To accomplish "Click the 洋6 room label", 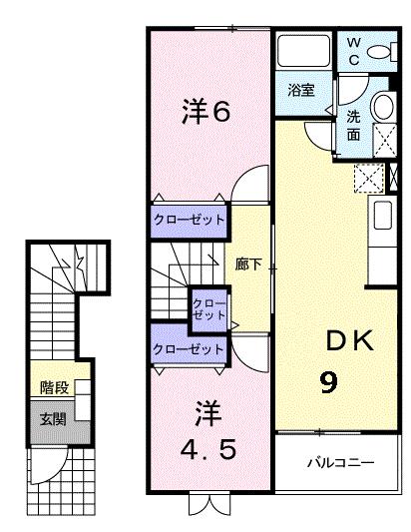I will [206, 112].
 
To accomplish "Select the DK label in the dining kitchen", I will [348, 341].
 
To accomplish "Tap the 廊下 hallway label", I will [248, 265].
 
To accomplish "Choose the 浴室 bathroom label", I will [301, 90].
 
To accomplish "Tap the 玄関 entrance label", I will [53, 419].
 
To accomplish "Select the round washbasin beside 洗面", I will [384, 107].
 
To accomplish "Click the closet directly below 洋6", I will [189, 220].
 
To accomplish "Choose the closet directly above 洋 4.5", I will [189, 350].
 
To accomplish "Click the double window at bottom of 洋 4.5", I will [209, 502].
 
